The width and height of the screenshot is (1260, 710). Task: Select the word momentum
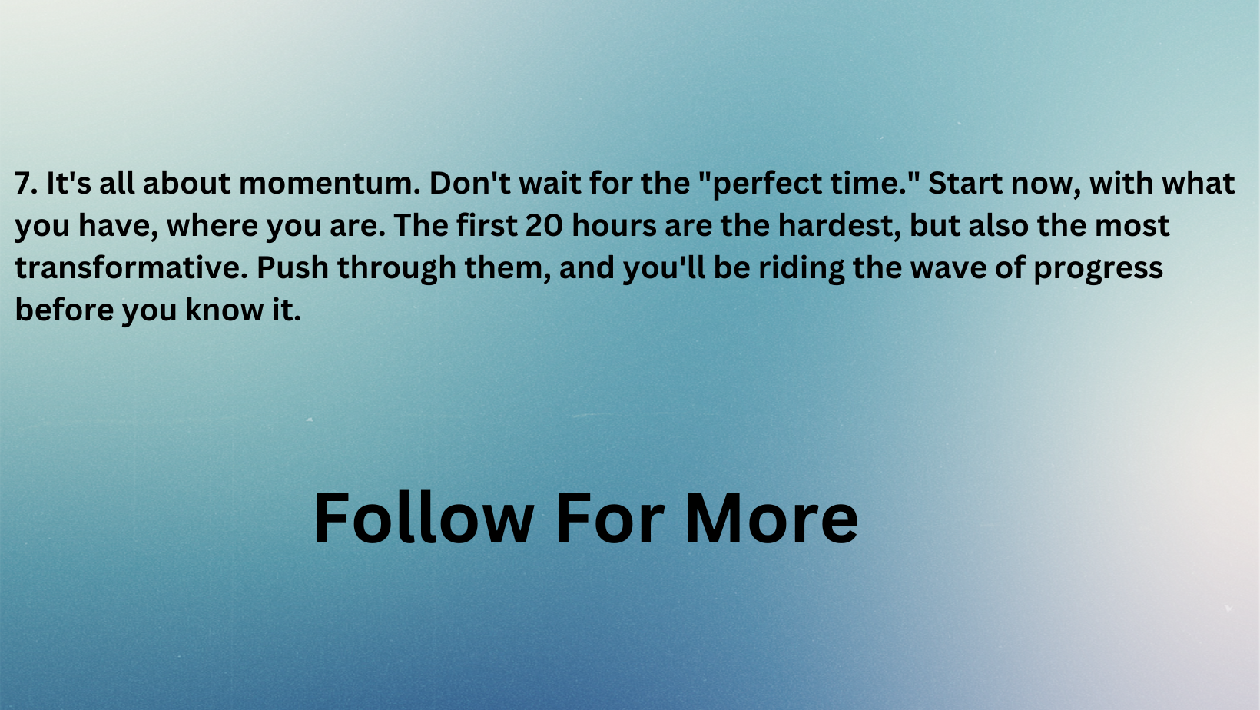pos(330,184)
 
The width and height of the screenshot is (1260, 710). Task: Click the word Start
pos(965,183)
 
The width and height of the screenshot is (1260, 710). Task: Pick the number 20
pos(544,226)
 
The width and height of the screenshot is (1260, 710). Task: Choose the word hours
pos(615,225)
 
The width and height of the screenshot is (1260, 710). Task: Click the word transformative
pos(131,268)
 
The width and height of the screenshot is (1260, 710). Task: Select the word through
pos(397,269)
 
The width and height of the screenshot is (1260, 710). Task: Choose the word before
pos(64,310)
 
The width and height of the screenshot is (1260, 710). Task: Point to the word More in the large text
pos(771,518)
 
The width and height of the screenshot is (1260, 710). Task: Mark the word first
pos(486,225)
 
